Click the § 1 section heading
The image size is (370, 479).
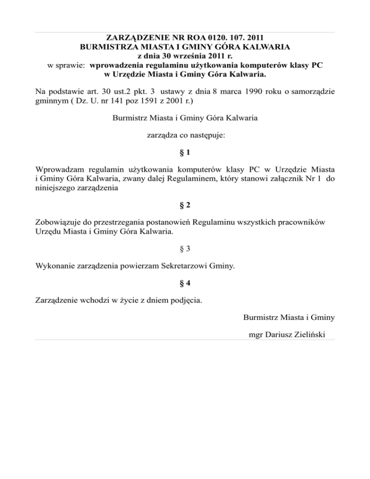pyautogui.click(x=185, y=153)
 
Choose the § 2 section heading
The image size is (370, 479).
pyautogui.click(x=185, y=205)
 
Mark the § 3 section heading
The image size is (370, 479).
pyautogui.click(x=185, y=249)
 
